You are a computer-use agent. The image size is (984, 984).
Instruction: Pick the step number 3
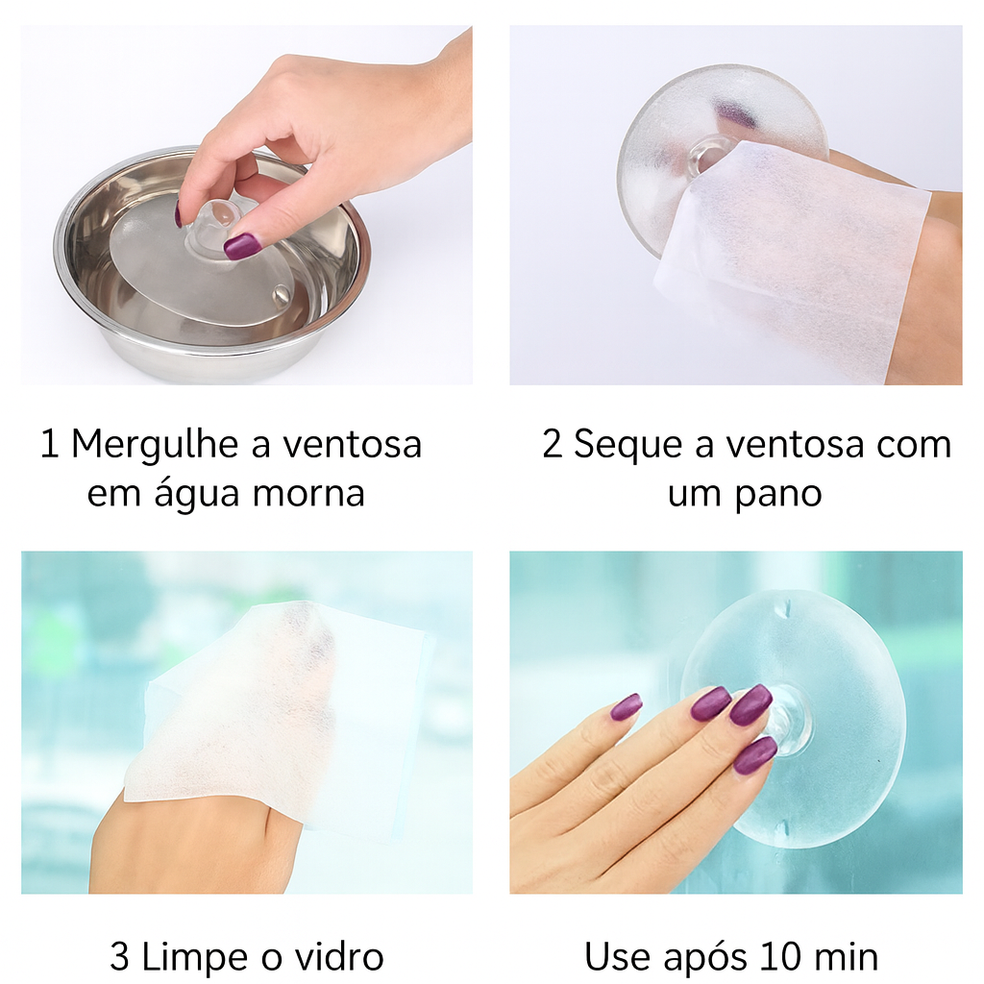click(119, 957)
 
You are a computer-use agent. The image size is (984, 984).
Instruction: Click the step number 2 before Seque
click(552, 445)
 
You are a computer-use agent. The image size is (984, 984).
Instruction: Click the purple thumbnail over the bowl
click(241, 246)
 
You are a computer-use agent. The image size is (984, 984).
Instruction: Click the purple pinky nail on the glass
click(626, 707)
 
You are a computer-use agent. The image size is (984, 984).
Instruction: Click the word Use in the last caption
click(615, 957)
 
